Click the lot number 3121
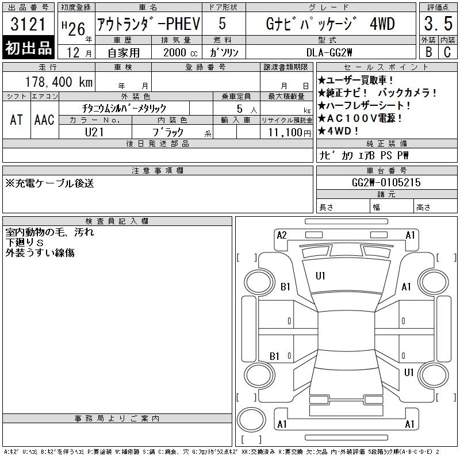(28, 24)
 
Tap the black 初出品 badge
(28, 48)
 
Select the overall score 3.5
(438, 24)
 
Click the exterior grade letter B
(428, 52)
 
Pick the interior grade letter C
(447, 52)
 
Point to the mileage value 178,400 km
(59, 82)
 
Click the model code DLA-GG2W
(329, 52)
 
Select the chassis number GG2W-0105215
(386, 182)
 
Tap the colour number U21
(94, 132)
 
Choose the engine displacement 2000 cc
(180, 52)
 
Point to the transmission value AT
(16, 120)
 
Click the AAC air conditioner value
(44, 120)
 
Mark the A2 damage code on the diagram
(282, 235)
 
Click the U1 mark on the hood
(320, 276)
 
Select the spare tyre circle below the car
(251, 419)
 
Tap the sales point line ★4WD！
(338, 131)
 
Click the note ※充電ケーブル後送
(49, 183)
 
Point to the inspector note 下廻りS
(24, 242)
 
